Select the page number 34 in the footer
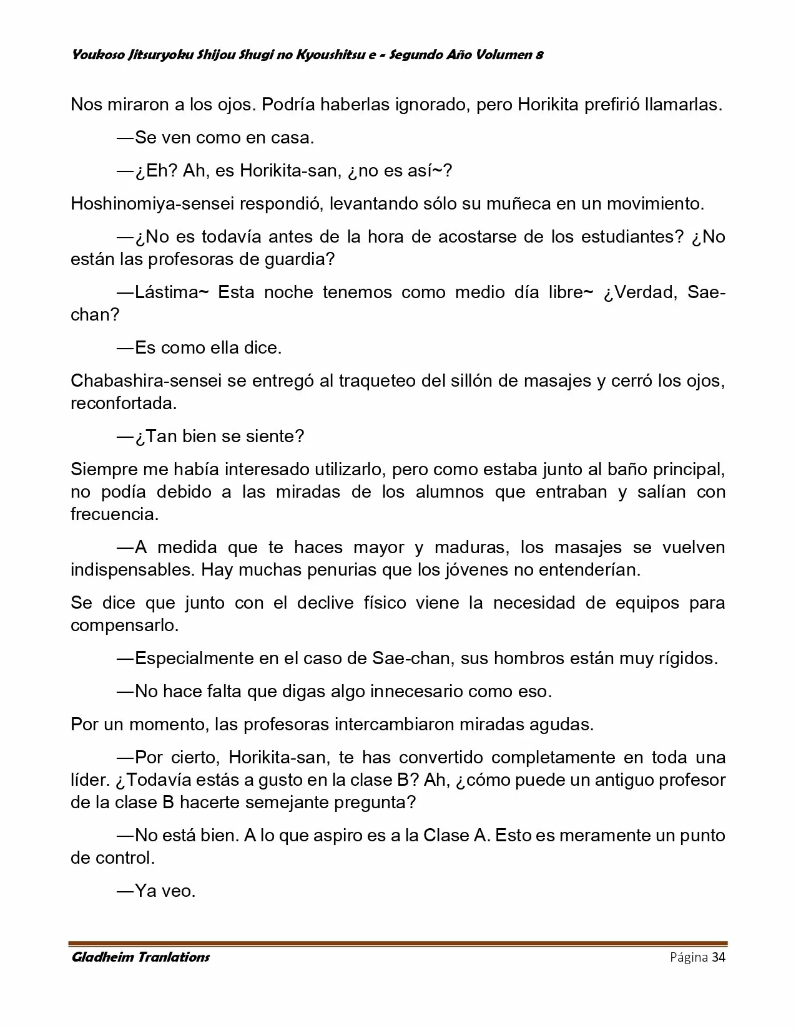(718, 957)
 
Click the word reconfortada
(124, 403)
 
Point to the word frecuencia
(114, 514)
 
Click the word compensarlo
(124, 625)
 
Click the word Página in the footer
(689, 957)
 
